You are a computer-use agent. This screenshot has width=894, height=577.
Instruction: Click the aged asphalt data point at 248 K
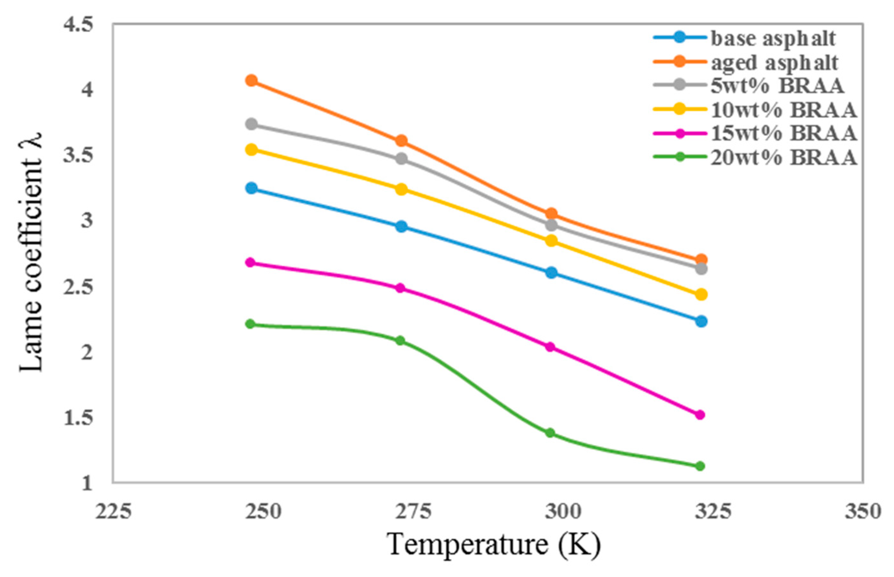click(252, 81)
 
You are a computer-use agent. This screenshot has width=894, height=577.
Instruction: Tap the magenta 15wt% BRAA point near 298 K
click(550, 347)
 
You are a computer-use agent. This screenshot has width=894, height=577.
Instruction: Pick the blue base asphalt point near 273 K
click(402, 226)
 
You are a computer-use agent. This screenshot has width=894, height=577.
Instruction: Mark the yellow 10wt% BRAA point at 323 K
click(701, 294)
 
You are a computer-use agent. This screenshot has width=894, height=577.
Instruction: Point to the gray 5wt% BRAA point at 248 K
click(252, 124)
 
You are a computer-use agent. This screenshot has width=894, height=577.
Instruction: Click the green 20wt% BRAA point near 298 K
click(550, 433)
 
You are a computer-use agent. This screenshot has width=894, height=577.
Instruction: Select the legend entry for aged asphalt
click(774, 63)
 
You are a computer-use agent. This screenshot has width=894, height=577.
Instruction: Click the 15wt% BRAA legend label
click(784, 133)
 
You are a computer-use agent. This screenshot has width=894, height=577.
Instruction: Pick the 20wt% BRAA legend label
click(784, 157)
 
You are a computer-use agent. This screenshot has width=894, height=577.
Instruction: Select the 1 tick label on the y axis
click(87, 483)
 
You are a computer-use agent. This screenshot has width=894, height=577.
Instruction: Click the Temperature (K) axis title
click(494, 545)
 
